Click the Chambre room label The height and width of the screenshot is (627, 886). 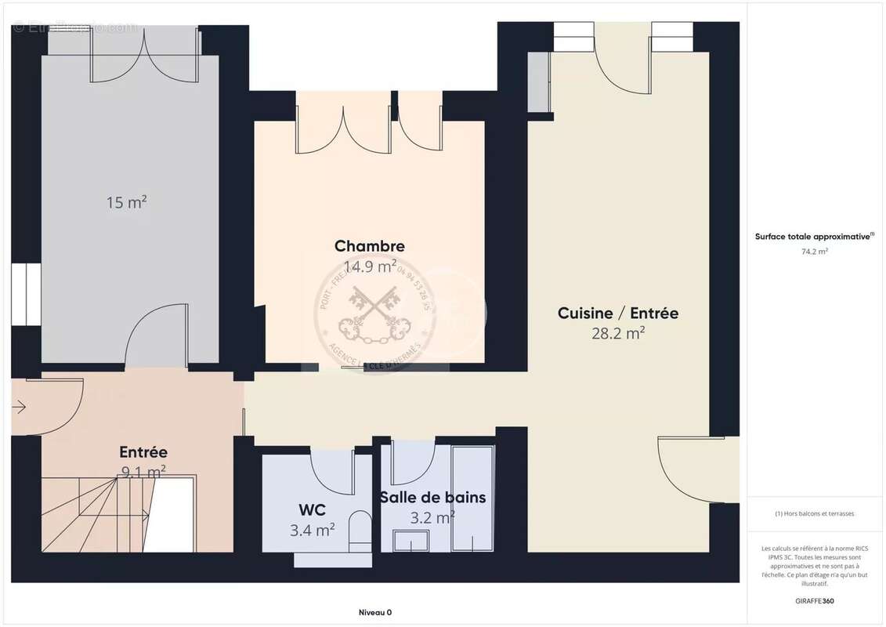click(x=369, y=246)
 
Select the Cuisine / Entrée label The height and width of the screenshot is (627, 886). click(x=618, y=313)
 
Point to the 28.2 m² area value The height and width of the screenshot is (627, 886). click(x=618, y=332)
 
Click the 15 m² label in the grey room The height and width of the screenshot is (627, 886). click(x=127, y=202)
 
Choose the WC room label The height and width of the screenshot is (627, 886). click(x=312, y=511)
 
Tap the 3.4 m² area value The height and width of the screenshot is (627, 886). click(x=312, y=531)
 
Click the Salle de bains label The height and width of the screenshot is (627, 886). click(x=432, y=498)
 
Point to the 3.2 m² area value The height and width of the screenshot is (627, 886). click(x=432, y=517)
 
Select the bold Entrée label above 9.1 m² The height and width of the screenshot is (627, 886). click(x=143, y=452)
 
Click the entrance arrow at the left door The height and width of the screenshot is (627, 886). click(x=20, y=407)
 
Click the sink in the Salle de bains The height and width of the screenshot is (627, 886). click(x=411, y=541)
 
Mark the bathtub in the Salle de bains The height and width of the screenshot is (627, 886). click(x=473, y=499)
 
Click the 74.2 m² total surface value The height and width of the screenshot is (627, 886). click(x=815, y=252)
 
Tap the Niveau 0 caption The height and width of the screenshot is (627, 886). click(x=375, y=612)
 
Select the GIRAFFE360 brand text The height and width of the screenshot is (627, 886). click(x=815, y=600)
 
